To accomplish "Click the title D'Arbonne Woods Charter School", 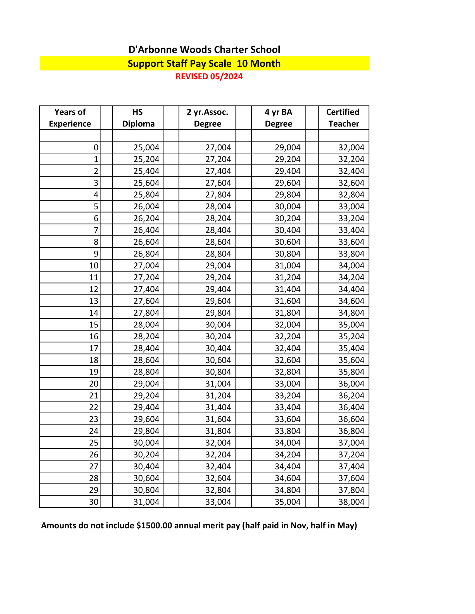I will [204, 50].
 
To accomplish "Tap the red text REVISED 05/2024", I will [209, 76].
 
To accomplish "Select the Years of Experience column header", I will [70, 118].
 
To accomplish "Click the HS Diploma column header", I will [138, 118].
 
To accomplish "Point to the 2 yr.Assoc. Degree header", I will [207, 118].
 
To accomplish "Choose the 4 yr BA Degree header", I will [278, 118].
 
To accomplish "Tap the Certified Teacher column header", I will [343, 118].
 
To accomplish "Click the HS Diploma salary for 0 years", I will [146, 147].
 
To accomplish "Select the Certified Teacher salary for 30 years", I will [351, 502].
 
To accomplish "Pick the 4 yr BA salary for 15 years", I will [288, 325].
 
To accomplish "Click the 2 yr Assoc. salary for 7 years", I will [218, 230].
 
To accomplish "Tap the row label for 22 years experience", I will [94, 407].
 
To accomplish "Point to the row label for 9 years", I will [96, 254].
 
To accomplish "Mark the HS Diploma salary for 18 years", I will [146, 360].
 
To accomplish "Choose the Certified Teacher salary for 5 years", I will [351, 206].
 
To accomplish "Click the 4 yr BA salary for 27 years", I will [288, 466].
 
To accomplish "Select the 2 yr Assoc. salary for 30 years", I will [218, 502].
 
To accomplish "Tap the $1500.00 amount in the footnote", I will [154, 526].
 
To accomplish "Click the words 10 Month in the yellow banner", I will [259, 64].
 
